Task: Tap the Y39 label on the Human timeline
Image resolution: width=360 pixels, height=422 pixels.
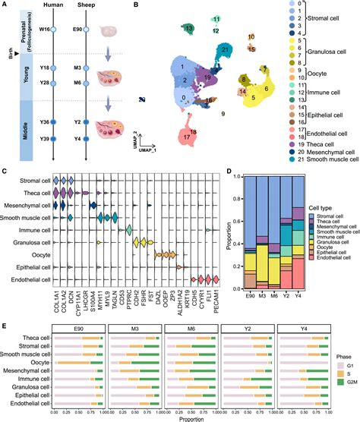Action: (x=43, y=140)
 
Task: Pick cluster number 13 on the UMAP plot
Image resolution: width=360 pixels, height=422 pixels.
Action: (x=188, y=29)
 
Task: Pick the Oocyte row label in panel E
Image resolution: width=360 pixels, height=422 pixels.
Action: (x=37, y=363)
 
